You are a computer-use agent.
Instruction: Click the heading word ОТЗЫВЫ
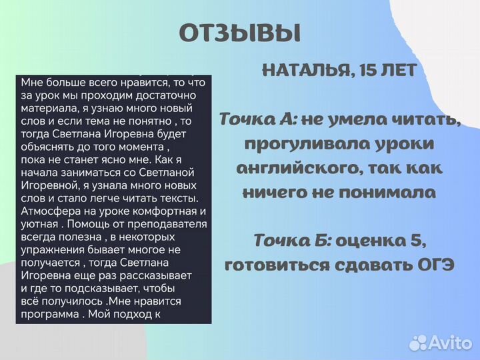coord(240,32)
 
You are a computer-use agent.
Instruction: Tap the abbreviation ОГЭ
coord(433,265)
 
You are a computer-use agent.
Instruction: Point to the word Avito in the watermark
coord(450,343)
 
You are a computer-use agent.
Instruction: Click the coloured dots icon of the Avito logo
coord(418,343)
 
